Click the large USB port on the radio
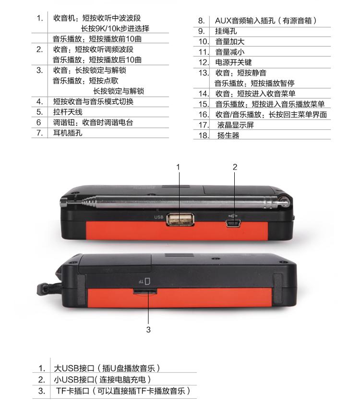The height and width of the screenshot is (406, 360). tap(180, 220)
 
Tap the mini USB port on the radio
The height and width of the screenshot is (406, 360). tap(233, 223)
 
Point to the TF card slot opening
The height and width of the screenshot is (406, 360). tap(145, 292)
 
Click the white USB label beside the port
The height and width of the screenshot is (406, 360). tap(159, 217)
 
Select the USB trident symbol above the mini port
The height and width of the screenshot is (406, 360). tap(233, 215)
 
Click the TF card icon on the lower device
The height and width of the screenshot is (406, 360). tap(147, 281)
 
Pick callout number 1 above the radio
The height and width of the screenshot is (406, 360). tap(178, 167)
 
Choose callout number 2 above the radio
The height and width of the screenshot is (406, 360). tap(235, 167)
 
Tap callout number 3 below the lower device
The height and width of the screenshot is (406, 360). tap(148, 330)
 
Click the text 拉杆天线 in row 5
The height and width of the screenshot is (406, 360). tap(68, 112)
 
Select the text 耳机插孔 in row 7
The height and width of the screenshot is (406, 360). tap(68, 133)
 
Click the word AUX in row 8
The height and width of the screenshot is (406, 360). tap(223, 21)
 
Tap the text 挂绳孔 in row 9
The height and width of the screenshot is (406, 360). tap(226, 31)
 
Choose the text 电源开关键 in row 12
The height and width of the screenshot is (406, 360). tap(234, 62)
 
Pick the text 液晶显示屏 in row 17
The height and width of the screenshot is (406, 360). tap(236, 125)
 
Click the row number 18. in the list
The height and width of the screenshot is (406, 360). tap(204, 135)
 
